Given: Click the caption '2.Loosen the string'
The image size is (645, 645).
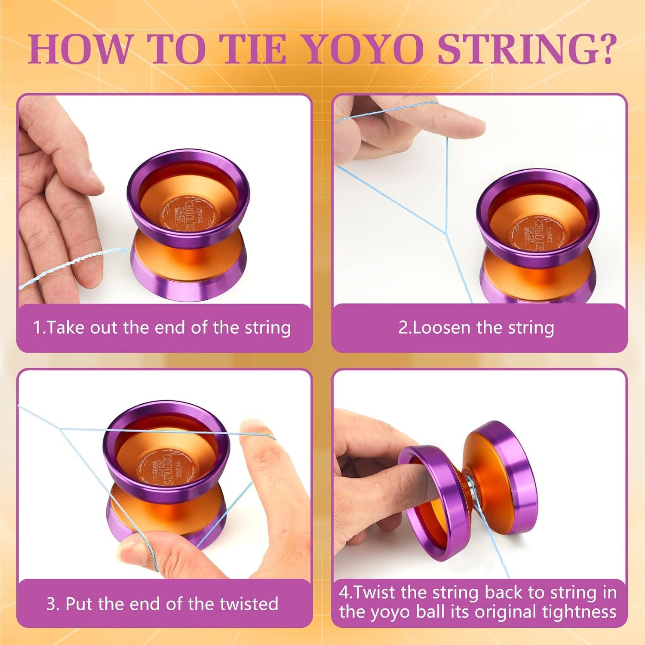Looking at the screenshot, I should pyautogui.click(x=476, y=328).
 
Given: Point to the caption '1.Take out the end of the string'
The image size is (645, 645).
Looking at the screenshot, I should pyautogui.click(x=162, y=328).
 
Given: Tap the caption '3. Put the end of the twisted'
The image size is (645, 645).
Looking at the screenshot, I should pyautogui.click(x=162, y=604).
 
